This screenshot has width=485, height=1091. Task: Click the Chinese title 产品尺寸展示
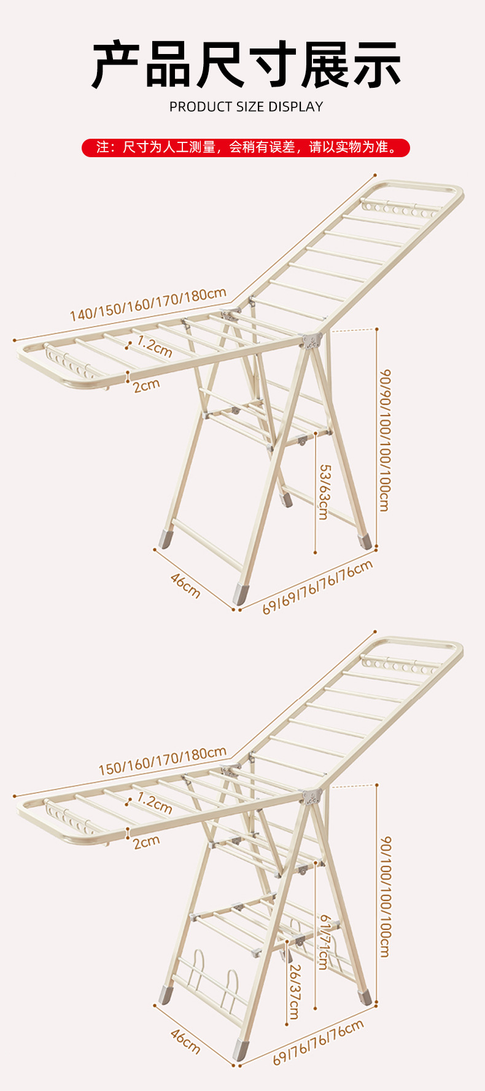coord(246,64)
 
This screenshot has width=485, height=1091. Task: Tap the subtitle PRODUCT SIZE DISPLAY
coord(246,107)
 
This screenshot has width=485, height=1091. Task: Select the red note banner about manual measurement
coord(246,147)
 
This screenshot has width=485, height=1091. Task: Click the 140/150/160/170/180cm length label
coord(148,304)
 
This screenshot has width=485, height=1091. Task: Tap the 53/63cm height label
coord(324,492)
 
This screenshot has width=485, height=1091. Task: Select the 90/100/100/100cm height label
coord(384,897)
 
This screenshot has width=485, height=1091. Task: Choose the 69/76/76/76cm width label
coord(318,1042)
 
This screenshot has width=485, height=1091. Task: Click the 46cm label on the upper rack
coord(185,584)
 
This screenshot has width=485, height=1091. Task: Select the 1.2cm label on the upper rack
coord(154,346)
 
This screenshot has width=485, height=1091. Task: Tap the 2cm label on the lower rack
coord(146,842)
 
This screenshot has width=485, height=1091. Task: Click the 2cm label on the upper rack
coord(146,386)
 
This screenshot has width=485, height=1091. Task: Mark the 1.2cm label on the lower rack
coord(154,802)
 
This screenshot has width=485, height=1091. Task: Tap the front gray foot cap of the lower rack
coord(241,1050)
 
